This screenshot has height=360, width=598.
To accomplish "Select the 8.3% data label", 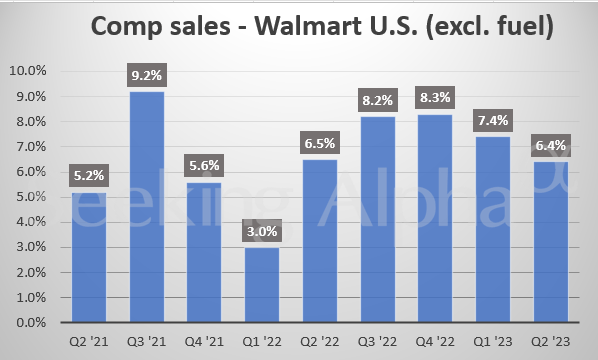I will coord(434,97).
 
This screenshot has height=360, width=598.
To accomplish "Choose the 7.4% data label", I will coord(492,120).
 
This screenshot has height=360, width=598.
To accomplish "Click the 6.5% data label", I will coord(318,143).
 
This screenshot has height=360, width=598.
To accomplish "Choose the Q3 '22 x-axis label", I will coord(376,340).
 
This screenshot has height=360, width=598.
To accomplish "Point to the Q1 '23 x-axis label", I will coord(492,340).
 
